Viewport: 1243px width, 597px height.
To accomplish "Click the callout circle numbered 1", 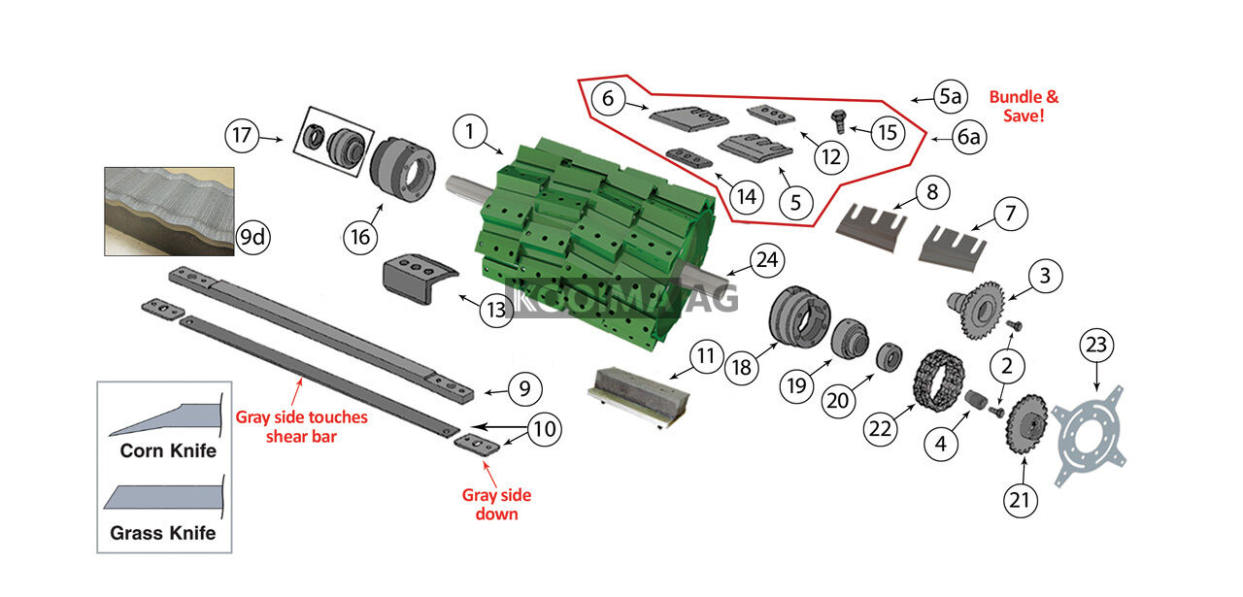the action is (470, 132).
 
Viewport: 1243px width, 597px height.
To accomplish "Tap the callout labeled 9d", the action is (253, 238).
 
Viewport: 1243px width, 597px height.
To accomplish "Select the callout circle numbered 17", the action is (242, 135).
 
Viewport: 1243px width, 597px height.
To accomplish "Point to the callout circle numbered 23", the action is (1096, 346).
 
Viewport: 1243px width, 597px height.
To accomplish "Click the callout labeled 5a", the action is (950, 96).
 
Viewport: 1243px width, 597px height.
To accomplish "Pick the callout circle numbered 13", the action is (496, 310).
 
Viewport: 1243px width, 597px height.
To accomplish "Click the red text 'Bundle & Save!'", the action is (1024, 106).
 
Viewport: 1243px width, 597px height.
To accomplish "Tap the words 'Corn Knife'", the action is (168, 450).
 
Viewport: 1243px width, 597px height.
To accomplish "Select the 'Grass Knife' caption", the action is (163, 533).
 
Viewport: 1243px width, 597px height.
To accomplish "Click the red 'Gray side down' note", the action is (496, 504).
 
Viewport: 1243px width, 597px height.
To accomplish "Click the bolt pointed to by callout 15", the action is (838, 121).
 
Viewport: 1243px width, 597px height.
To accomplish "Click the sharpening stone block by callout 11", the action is (638, 395).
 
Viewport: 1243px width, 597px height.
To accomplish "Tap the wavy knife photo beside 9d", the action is (169, 212).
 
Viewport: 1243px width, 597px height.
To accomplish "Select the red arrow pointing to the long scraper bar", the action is (297, 392).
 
